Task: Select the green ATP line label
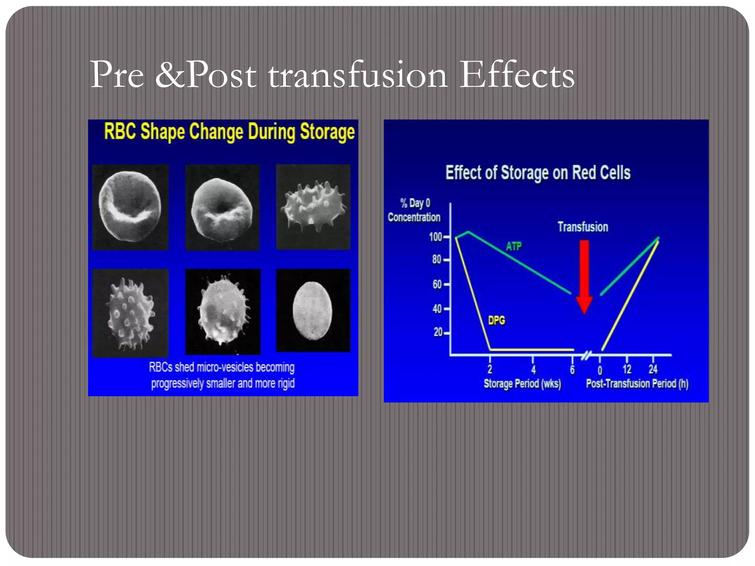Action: (x=514, y=246)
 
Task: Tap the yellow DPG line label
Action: (x=496, y=320)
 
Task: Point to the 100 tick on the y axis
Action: (x=436, y=237)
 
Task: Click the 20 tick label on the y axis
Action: (x=438, y=332)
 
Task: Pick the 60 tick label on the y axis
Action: (x=437, y=284)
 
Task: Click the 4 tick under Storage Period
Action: (x=533, y=370)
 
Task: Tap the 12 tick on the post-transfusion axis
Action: (x=627, y=370)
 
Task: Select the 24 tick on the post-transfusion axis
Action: (x=653, y=370)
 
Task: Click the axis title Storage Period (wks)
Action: (x=522, y=384)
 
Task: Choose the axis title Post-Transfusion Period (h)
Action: (x=637, y=384)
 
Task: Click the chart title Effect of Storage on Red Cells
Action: (x=538, y=173)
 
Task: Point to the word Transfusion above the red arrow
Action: (x=582, y=227)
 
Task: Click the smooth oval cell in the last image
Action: (x=312, y=310)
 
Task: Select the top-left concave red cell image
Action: (x=130, y=207)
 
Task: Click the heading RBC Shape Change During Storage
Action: (x=229, y=132)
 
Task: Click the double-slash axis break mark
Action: (x=587, y=355)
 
